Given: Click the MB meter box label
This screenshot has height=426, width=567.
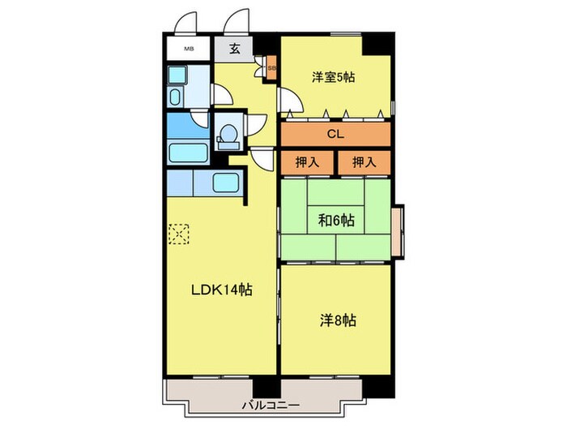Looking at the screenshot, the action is (x=188, y=49).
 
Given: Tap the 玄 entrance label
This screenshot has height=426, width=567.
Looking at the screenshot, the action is (x=235, y=49).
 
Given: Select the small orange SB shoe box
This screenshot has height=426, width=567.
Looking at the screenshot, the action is (x=271, y=67).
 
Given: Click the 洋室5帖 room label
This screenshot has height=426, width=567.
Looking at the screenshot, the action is (x=333, y=77).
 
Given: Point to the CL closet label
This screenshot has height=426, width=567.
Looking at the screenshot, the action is (x=335, y=134).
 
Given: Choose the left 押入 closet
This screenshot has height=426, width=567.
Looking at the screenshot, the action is (x=307, y=162).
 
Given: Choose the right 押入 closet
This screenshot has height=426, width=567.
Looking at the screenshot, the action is (x=364, y=162).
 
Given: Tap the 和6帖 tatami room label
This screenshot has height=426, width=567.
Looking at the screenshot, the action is (x=336, y=220).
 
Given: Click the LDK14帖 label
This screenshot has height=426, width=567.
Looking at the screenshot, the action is (x=221, y=290).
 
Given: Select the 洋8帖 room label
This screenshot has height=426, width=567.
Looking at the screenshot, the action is (x=338, y=321).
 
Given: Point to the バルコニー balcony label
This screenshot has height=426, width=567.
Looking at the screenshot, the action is (x=271, y=405).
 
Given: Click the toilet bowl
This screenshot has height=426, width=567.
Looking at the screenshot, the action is (x=228, y=135).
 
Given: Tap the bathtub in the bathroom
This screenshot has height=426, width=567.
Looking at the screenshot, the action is (x=189, y=153).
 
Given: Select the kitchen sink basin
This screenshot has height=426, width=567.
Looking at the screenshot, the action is (x=226, y=183).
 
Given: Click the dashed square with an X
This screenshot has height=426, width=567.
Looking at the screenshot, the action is (x=179, y=234).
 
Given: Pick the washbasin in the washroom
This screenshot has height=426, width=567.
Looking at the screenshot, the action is (x=175, y=97).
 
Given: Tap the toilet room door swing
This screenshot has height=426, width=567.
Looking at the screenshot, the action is (x=256, y=125).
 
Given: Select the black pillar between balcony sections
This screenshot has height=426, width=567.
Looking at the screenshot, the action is (x=266, y=387).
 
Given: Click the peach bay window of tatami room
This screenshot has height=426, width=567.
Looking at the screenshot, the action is (x=398, y=232).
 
